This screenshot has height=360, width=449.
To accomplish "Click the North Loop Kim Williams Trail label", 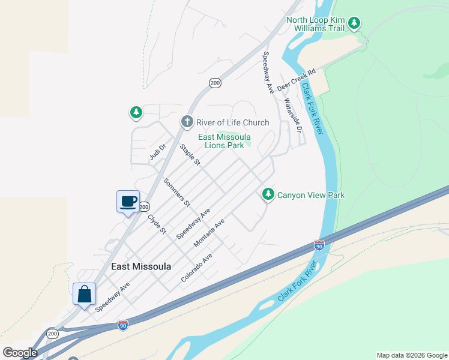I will click(x=316, y=24).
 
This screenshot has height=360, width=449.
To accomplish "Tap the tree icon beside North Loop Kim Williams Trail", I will click(x=355, y=23).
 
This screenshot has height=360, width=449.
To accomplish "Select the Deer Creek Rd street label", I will click(x=304, y=80).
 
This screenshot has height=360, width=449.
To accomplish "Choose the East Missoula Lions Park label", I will click(x=224, y=141).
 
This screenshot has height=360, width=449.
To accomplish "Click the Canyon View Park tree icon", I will click(x=268, y=194).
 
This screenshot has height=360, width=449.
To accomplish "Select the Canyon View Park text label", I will click(x=311, y=195).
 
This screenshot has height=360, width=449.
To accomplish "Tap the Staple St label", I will click(x=190, y=155).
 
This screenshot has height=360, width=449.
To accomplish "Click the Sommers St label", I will click(x=176, y=192).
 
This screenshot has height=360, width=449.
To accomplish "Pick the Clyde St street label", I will click(x=157, y=223).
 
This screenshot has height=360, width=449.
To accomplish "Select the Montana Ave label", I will click(x=209, y=233).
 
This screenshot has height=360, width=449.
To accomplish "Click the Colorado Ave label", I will click(x=197, y=268).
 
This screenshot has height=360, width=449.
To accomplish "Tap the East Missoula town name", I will click(x=141, y=266).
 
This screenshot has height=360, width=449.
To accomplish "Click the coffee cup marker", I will click(x=128, y=201).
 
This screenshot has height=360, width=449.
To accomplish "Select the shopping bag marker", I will click(x=85, y=294).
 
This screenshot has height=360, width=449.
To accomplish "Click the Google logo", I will click(x=20, y=353).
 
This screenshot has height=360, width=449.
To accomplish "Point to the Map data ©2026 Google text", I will click(x=412, y=355).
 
